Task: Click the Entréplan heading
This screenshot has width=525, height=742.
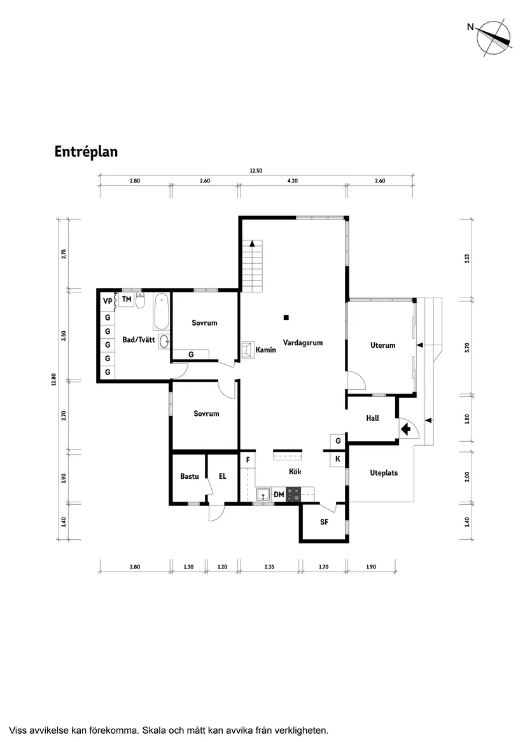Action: point(86,152)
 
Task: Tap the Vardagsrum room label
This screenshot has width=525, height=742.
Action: point(303,343)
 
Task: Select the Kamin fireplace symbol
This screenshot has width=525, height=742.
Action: point(248,348)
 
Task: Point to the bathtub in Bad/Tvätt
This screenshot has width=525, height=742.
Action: point(161,310)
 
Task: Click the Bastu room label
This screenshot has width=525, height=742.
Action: point(190,476)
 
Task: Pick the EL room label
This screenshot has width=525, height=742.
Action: point(223,476)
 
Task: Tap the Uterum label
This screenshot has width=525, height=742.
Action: point(382,345)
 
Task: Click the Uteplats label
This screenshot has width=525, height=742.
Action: point(384,473)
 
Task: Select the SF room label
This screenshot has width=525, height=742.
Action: point(324,522)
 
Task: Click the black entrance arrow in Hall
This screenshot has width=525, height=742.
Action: point(405,430)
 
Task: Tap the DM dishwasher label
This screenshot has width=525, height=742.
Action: point(279,494)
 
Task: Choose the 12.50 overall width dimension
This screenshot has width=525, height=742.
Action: point(256,170)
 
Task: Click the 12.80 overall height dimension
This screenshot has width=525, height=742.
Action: point(54,379)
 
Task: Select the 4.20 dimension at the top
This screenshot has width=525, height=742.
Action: point(293,181)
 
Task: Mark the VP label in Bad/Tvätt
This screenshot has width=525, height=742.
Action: point(107,300)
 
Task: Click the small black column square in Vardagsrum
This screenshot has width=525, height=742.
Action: point(287,317)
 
